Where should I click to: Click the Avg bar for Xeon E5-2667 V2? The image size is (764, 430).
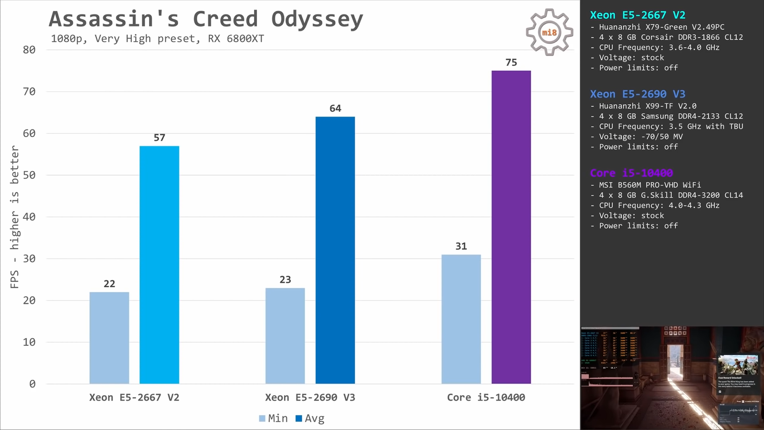point(159,265)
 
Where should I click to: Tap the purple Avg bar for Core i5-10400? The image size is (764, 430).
point(511,227)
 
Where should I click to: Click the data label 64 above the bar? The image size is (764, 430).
point(335,108)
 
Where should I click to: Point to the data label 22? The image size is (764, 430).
point(109,284)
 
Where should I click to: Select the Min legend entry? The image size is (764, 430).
point(274,419)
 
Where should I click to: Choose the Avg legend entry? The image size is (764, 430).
point(310,419)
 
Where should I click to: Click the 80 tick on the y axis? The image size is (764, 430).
point(29,50)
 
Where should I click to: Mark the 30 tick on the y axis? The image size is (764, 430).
point(29,258)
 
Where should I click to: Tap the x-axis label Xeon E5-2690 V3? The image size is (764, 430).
point(310,398)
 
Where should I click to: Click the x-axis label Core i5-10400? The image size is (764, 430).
point(486,398)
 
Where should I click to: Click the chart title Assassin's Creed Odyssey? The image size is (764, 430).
point(206,20)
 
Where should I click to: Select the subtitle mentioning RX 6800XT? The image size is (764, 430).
point(157,39)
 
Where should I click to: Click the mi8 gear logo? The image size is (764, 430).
point(549,32)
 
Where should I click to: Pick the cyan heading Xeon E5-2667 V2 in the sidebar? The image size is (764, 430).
point(637,15)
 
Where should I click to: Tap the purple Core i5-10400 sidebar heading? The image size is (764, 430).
point(631,173)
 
